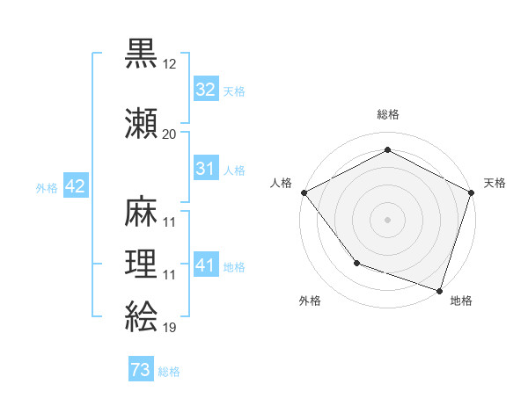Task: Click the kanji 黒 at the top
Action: [x=141, y=54]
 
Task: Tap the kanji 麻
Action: [x=141, y=210]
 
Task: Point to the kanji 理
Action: [x=141, y=264]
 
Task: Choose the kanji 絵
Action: [x=141, y=315]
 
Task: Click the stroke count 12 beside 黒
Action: [x=170, y=66]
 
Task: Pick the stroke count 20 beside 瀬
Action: [x=170, y=134]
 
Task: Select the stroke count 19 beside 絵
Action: [x=170, y=327]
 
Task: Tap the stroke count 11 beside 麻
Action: [x=170, y=222]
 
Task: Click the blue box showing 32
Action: [x=205, y=90]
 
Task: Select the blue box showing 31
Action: [x=205, y=169]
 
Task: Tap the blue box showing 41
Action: [x=205, y=265]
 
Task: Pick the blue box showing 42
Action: [x=75, y=186]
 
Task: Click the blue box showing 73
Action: [x=141, y=370]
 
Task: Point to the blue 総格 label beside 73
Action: [x=169, y=372]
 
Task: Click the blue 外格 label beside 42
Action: [x=47, y=187]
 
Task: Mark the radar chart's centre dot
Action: [x=387, y=219]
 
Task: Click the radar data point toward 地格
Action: [x=439, y=289]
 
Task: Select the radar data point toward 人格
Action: [x=304, y=192]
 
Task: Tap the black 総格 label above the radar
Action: [x=387, y=114]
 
